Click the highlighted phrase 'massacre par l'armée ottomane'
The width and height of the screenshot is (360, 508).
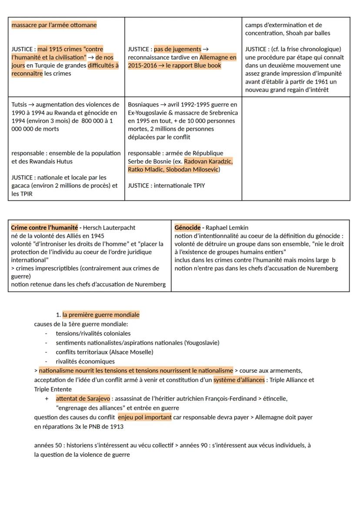54,25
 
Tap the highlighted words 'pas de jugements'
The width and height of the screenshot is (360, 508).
177,49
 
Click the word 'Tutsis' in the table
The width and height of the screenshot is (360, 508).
19,105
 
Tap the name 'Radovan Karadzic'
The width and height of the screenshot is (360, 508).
208,161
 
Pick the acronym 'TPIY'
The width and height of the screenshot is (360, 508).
198,186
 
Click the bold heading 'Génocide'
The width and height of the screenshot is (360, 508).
187,227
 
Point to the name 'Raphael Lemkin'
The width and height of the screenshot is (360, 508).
227,227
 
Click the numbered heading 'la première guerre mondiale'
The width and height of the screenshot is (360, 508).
100,315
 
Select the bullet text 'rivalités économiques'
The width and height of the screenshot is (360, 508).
85,361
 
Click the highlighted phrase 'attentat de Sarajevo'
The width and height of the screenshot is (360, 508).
83,398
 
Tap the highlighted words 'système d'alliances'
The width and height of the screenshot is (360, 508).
239,380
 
